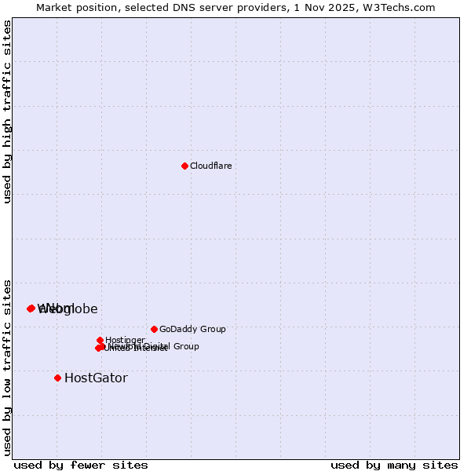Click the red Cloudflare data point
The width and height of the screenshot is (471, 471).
(x=184, y=166)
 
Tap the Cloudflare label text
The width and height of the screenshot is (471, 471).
(x=210, y=166)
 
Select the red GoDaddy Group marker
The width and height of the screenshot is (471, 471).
(x=154, y=329)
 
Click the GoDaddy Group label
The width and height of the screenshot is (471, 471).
(x=192, y=329)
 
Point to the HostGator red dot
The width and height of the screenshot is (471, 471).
(x=57, y=378)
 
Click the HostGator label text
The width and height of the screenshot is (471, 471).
(x=96, y=378)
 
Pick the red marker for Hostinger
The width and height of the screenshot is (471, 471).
(x=100, y=340)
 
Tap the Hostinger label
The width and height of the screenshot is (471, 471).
(x=125, y=340)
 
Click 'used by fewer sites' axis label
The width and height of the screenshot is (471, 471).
(x=81, y=465)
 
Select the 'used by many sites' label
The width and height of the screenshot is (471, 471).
(x=394, y=465)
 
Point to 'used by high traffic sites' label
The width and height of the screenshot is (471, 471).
(x=7, y=111)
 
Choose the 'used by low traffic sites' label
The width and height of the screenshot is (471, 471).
(x=7, y=367)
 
